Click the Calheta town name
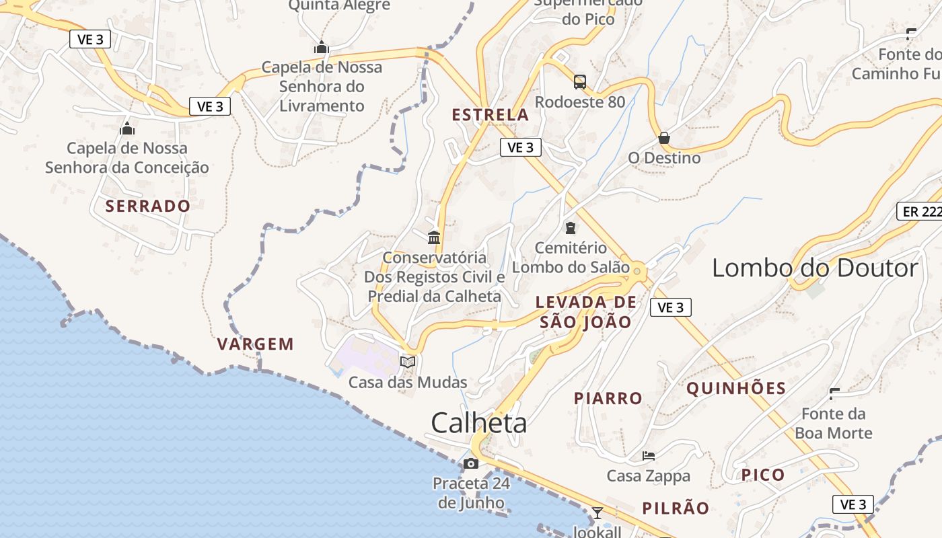pos(479,423)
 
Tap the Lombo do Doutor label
pos(815,268)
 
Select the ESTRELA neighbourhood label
pos(490,115)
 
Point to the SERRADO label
pos(148,206)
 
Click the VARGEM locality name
pos(256,344)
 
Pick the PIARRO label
pos(608,398)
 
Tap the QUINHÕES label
pos(736,388)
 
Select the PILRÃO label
pos(676,508)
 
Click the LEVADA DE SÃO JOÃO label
pos(586,312)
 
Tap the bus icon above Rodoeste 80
pos(580,82)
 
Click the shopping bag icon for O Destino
pos(664,139)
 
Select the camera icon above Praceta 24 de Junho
pos(471,463)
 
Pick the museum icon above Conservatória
pos(434,238)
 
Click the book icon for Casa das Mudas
pos(408,362)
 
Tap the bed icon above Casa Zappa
pos(649,456)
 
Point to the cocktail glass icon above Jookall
pos(597,513)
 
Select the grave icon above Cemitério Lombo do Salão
pos(571,228)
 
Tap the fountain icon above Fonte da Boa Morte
pos(834,393)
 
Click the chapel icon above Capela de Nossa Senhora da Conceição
pos(127,128)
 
